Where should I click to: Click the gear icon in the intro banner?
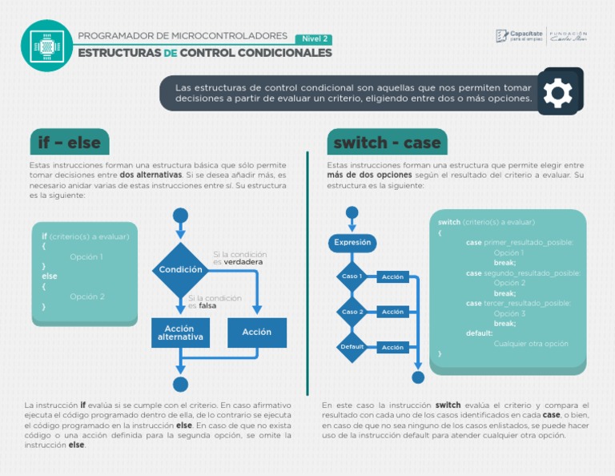(x=557, y=93)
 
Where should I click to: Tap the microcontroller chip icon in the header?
(x=46, y=46)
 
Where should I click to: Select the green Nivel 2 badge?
(x=315, y=39)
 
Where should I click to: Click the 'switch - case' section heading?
(x=387, y=143)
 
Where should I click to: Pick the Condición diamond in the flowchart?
(x=180, y=270)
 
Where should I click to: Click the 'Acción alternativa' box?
(x=180, y=333)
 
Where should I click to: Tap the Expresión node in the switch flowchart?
(x=352, y=242)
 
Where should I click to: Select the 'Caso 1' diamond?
(x=352, y=276)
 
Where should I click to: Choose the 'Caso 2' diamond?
(x=352, y=312)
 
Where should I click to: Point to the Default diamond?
(x=352, y=347)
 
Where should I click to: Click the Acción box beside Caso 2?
(x=392, y=312)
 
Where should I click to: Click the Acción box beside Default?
(x=392, y=347)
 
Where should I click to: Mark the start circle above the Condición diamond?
(x=180, y=215)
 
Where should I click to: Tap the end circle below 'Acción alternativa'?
(x=180, y=385)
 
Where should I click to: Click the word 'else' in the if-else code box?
(x=50, y=276)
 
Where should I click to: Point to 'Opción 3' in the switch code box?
(x=509, y=313)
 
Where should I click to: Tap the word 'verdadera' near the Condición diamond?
(x=243, y=262)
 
